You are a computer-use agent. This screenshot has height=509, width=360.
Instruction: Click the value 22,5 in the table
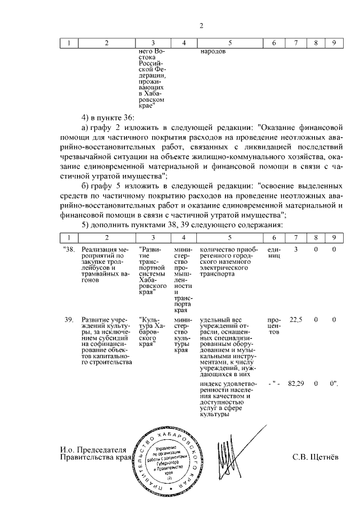click(295, 319)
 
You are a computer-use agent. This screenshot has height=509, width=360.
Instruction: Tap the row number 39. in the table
click(68, 319)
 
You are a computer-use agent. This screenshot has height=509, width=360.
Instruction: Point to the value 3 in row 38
click(295, 249)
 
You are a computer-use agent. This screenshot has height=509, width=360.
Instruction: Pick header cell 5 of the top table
click(229, 43)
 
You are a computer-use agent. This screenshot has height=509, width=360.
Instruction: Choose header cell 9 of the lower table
click(334, 238)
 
